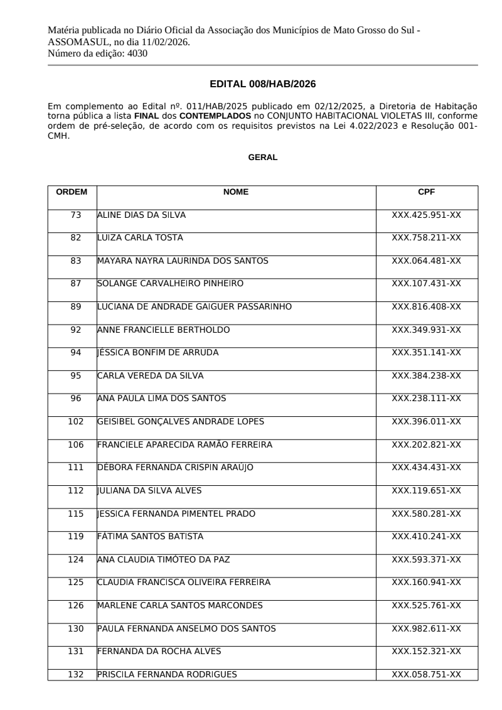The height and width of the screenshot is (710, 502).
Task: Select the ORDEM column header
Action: (x=72, y=192)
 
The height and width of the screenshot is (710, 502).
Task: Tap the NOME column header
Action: (x=236, y=192)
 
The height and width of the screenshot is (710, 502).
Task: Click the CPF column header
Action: (x=426, y=192)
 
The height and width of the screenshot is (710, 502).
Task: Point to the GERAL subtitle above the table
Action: (x=263, y=158)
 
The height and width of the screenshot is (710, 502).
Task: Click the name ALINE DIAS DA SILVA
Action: (x=141, y=215)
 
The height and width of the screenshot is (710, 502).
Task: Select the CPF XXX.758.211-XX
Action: (x=426, y=238)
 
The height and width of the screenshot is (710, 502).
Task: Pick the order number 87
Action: (x=76, y=284)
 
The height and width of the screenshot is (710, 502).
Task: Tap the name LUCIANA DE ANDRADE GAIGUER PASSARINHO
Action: (x=194, y=307)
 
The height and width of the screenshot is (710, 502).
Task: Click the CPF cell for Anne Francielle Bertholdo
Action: (x=426, y=330)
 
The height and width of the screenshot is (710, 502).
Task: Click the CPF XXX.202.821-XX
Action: (x=426, y=444)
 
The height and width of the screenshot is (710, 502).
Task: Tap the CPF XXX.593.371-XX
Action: (x=426, y=559)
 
